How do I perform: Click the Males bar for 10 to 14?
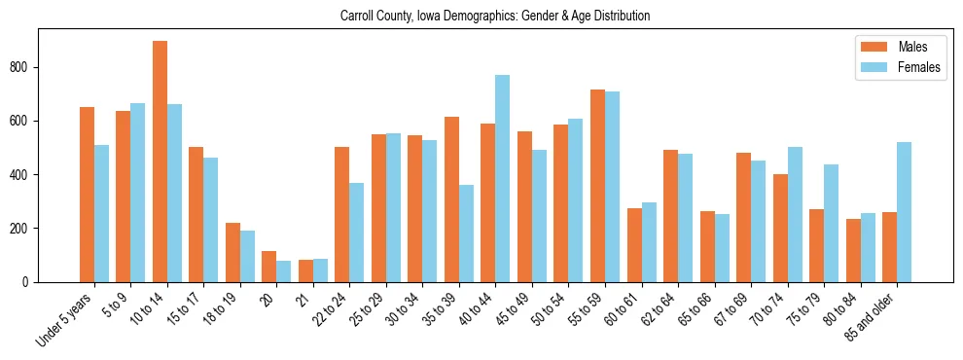point(160,162)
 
